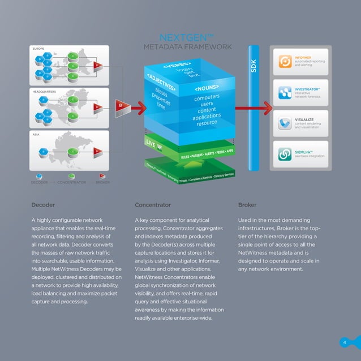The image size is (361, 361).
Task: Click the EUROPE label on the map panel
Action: click(x=38, y=49)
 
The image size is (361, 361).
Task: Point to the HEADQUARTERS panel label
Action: click(x=44, y=91)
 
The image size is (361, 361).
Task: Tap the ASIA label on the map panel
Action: click(x=36, y=134)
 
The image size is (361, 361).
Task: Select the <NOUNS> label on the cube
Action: click(x=208, y=89)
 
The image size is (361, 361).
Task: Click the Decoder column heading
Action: click(x=43, y=205)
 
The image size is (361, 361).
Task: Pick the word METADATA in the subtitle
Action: click(x=164, y=46)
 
